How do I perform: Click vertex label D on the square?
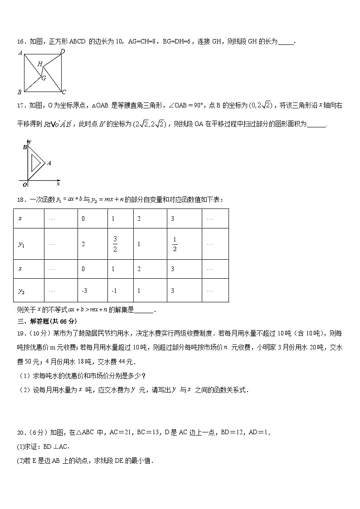63,51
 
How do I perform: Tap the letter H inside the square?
40,64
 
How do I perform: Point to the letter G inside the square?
44,78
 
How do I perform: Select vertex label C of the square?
64,92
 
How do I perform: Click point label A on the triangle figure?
49,163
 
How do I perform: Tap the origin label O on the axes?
24,184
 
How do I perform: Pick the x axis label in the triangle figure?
58,184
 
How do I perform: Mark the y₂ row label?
21,291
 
